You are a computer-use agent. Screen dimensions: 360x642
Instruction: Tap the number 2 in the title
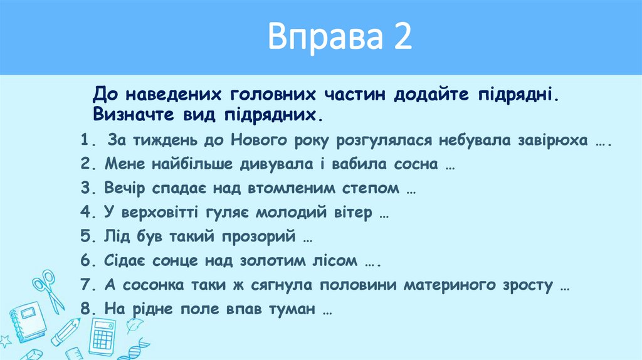pyautogui.click(x=403, y=37)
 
